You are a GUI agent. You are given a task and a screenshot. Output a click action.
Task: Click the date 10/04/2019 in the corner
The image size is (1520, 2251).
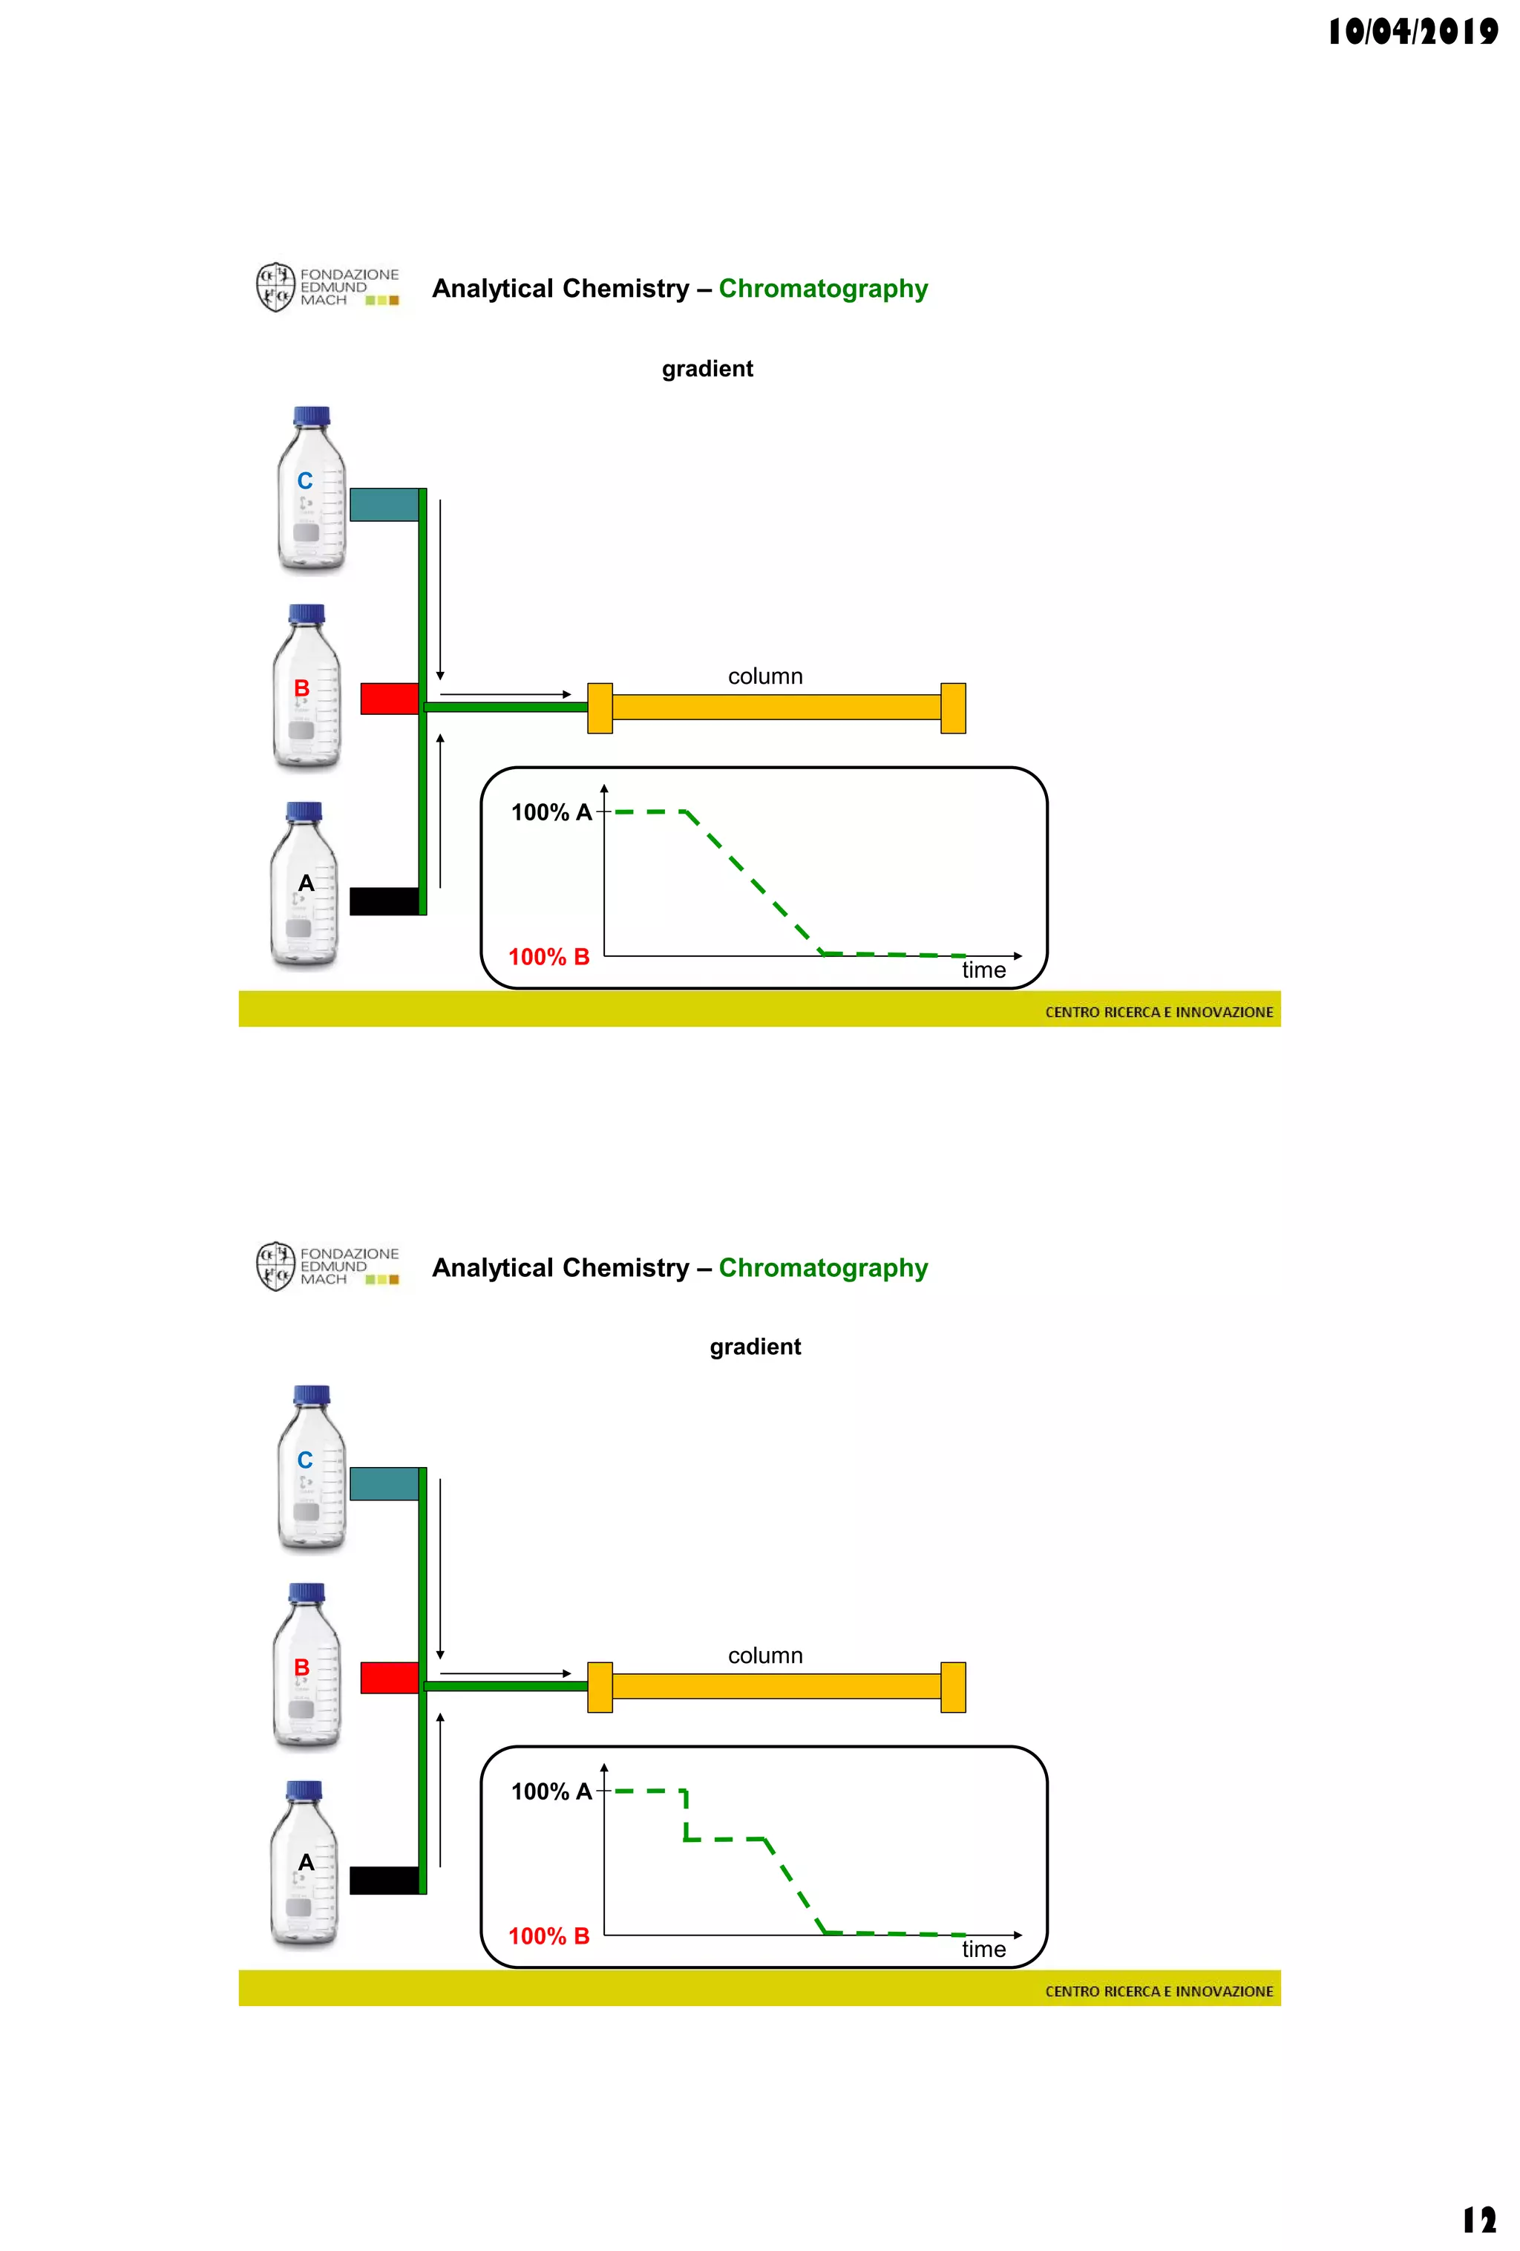pos(1412,32)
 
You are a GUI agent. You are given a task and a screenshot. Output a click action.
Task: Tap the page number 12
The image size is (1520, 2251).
pos(1478,2219)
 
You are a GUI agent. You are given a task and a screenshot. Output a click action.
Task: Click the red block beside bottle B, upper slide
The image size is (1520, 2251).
pos(389,699)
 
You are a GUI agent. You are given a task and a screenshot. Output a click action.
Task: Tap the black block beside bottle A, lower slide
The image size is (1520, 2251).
pos(384,1880)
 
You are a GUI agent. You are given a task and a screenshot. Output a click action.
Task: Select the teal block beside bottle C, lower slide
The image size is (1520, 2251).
pos(384,1484)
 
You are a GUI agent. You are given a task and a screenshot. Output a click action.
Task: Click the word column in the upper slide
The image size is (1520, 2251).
pos(765,676)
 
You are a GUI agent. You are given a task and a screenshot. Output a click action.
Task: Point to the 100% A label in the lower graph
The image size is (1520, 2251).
pos(551,1792)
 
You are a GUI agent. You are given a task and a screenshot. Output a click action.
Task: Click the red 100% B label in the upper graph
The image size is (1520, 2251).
pos(549,957)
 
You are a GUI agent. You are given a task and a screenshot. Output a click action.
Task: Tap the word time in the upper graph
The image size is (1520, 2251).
pos(983,970)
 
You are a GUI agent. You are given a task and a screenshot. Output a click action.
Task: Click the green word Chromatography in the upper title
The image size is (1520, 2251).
pos(823,289)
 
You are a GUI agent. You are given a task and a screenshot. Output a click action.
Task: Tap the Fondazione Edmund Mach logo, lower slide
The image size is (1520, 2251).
pos(327,1267)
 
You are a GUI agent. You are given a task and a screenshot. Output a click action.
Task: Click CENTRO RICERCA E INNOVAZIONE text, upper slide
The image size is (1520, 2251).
pos(1159,1012)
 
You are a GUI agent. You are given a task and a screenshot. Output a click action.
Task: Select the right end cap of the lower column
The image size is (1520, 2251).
pos(953,1688)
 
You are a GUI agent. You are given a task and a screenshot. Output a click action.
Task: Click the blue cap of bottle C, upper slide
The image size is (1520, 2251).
pos(311,416)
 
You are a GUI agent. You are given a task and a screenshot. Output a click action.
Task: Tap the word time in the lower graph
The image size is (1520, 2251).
pos(983,1950)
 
